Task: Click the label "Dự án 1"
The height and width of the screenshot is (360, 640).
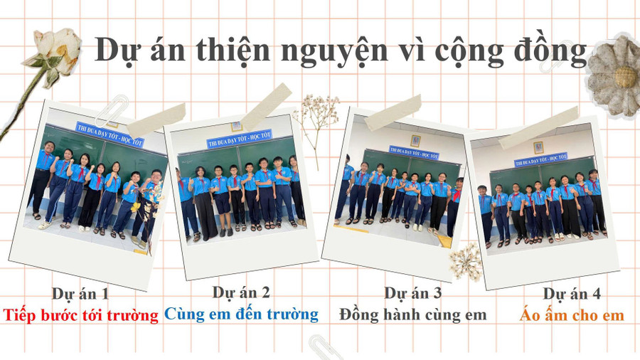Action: point(80,293)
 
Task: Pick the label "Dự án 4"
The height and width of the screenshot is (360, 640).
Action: point(572,293)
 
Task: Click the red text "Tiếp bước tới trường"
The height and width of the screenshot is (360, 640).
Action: point(80,314)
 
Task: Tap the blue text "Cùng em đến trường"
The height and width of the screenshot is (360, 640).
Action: point(241,314)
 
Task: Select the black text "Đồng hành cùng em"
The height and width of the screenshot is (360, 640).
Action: point(413,314)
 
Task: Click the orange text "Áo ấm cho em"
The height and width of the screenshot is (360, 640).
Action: point(572,314)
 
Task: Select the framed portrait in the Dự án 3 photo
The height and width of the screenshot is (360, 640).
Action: point(415,140)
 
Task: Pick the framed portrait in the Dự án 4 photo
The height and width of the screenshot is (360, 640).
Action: point(540,147)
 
